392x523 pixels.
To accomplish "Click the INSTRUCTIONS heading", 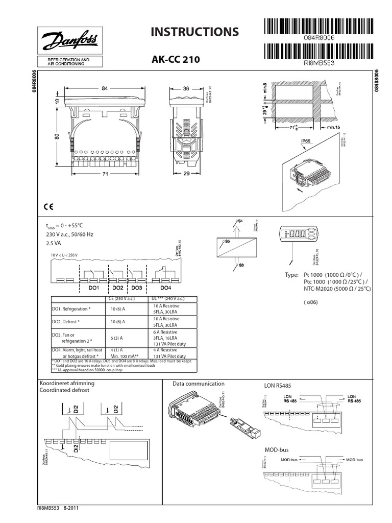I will (194, 32).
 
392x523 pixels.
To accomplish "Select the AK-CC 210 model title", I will (173, 60).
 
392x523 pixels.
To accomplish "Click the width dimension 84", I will (106, 88).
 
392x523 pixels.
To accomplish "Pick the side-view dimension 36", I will (186, 88).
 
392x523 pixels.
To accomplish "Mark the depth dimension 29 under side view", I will (186, 174).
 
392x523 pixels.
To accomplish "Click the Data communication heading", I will (198, 383).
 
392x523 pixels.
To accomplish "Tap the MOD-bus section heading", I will (277, 449).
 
